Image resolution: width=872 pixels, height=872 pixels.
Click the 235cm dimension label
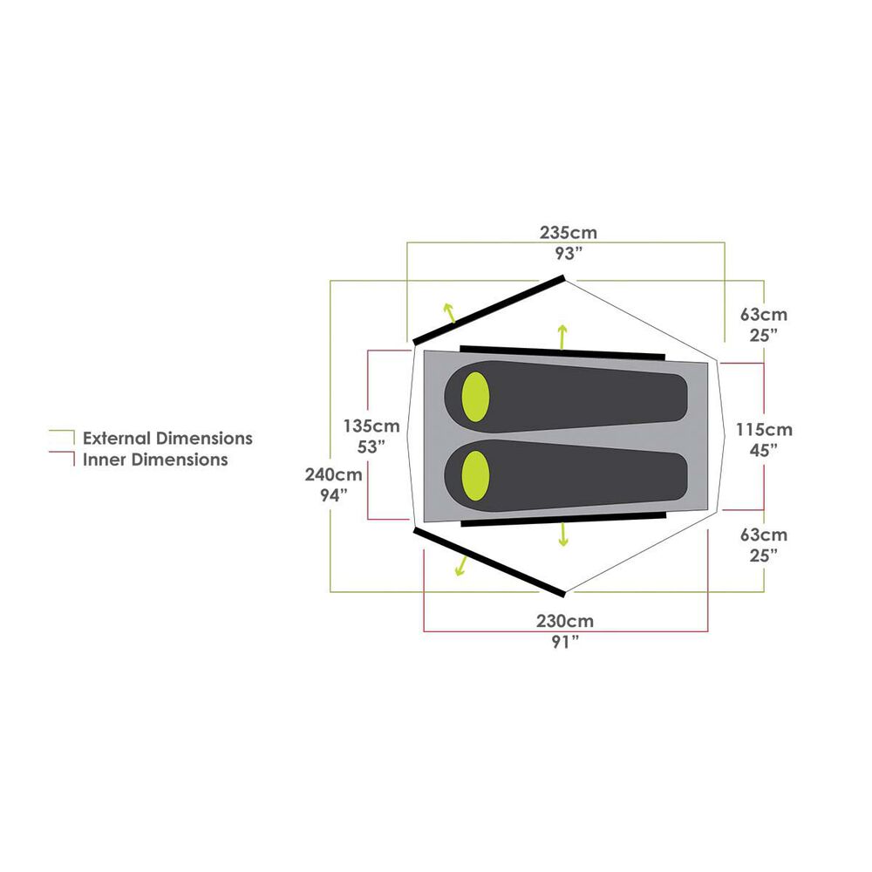[x=569, y=233]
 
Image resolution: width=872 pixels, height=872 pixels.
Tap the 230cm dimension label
[x=565, y=621]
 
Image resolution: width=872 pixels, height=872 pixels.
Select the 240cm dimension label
[x=334, y=474]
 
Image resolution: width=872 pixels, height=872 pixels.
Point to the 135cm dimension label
[x=371, y=426]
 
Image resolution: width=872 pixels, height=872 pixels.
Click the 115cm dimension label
[x=764, y=429]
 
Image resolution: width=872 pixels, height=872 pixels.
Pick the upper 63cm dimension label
[x=764, y=314]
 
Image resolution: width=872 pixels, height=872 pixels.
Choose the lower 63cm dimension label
[x=764, y=535]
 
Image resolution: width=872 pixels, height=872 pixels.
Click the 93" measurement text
[x=569, y=254]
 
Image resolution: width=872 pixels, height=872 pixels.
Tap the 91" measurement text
[x=565, y=642]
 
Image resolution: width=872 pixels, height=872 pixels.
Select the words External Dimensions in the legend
[x=167, y=439]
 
